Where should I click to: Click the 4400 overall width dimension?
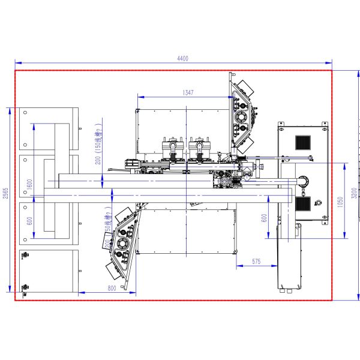[182, 58]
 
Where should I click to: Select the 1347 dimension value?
[188, 92]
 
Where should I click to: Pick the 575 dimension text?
[256, 261]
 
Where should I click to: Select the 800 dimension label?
[112, 289]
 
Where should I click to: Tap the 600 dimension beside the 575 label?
[263, 218]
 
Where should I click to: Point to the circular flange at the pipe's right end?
[302, 181]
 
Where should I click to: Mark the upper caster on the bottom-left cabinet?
[25, 256]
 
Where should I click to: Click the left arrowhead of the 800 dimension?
[81, 293]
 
